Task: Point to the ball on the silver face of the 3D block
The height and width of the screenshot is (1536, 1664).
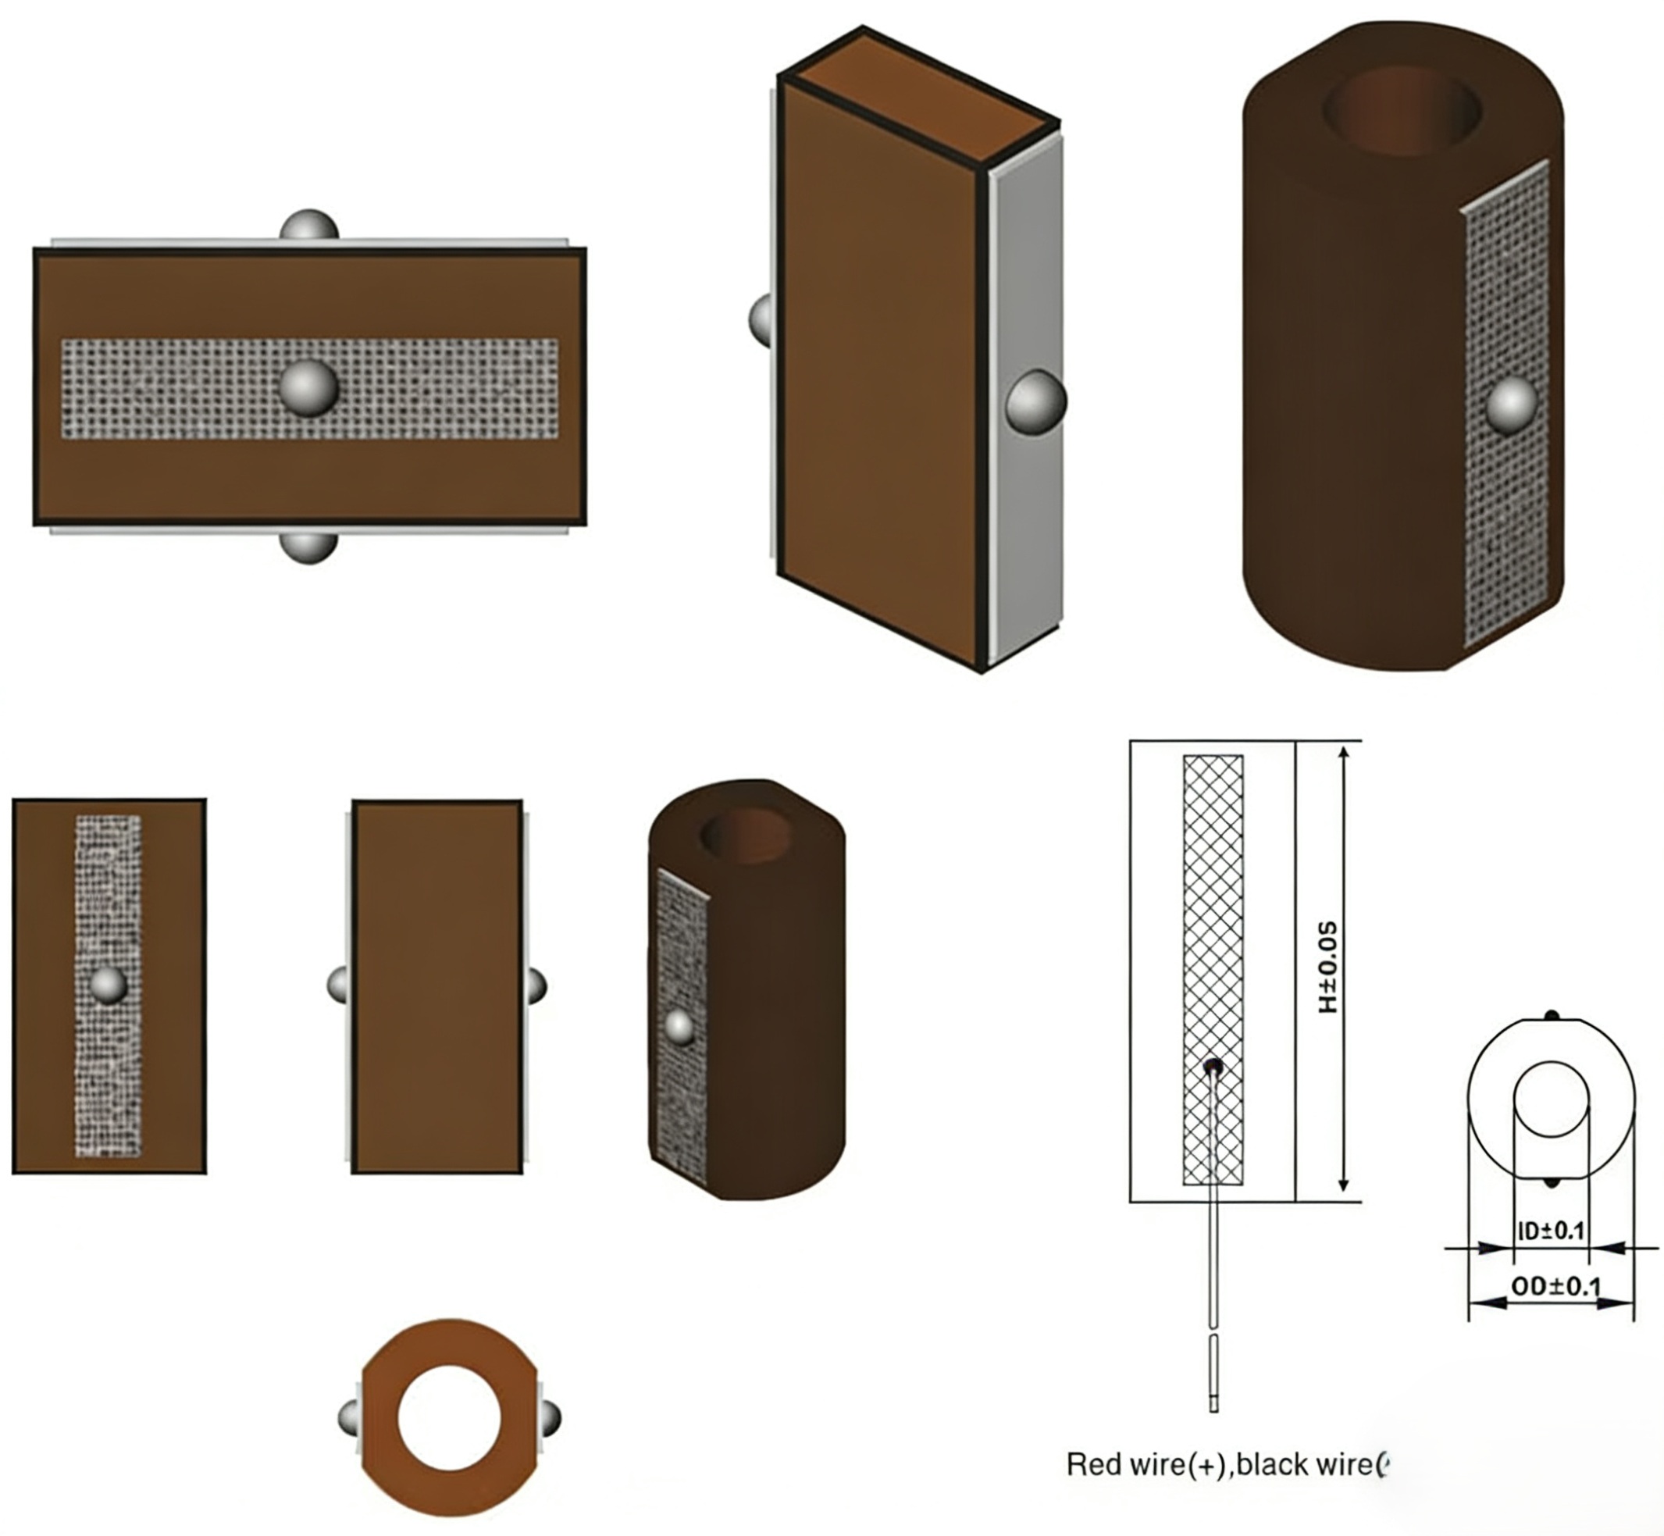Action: (x=1036, y=401)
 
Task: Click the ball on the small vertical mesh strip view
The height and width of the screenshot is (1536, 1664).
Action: (x=109, y=985)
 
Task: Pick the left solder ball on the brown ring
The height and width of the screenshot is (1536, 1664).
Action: (x=348, y=1417)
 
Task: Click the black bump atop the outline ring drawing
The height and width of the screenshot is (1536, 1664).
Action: (x=1551, y=1016)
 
